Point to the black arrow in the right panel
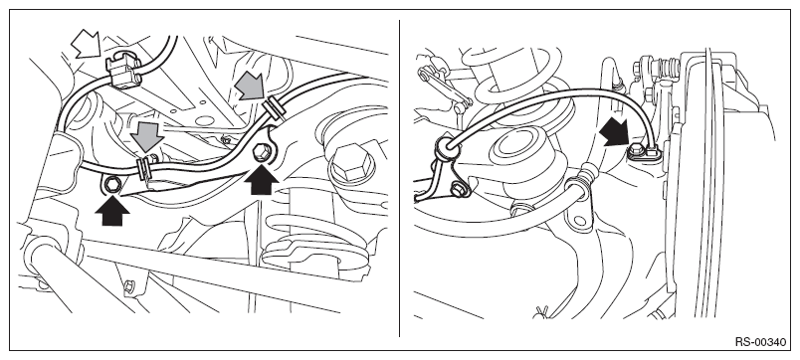tap(614, 133)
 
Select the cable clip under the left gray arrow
tap(145, 167)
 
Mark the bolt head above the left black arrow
tap(111, 185)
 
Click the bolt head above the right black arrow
tap(261, 151)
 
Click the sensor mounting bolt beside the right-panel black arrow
tap(636, 150)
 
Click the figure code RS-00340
tap(760, 342)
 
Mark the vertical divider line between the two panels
tap(399, 178)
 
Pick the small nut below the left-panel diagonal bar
tap(129, 286)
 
